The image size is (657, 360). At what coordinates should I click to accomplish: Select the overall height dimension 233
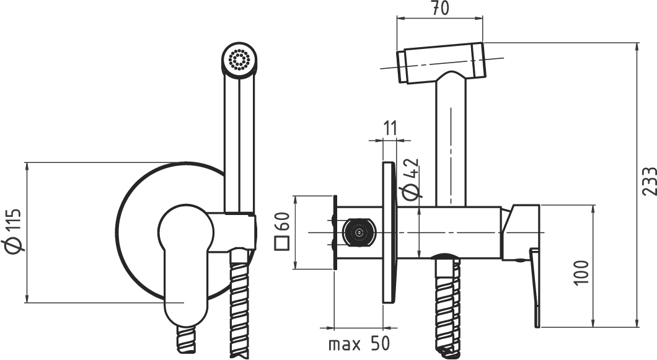[648, 182]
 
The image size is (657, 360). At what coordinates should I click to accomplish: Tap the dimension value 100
[580, 271]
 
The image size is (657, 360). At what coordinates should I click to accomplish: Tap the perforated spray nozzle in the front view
[239, 59]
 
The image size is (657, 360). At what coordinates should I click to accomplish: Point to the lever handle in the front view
[184, 266]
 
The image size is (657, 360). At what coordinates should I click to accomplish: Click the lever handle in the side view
[535, 285]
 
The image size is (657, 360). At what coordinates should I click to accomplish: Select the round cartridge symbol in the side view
[358, 232]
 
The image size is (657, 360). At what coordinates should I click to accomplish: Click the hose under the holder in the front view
[239, 304]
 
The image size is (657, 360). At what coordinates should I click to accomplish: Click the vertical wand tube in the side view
[451, 143]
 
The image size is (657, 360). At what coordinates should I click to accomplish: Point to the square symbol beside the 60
[283, 242]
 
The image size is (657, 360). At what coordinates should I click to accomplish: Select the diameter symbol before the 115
[15, 245]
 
